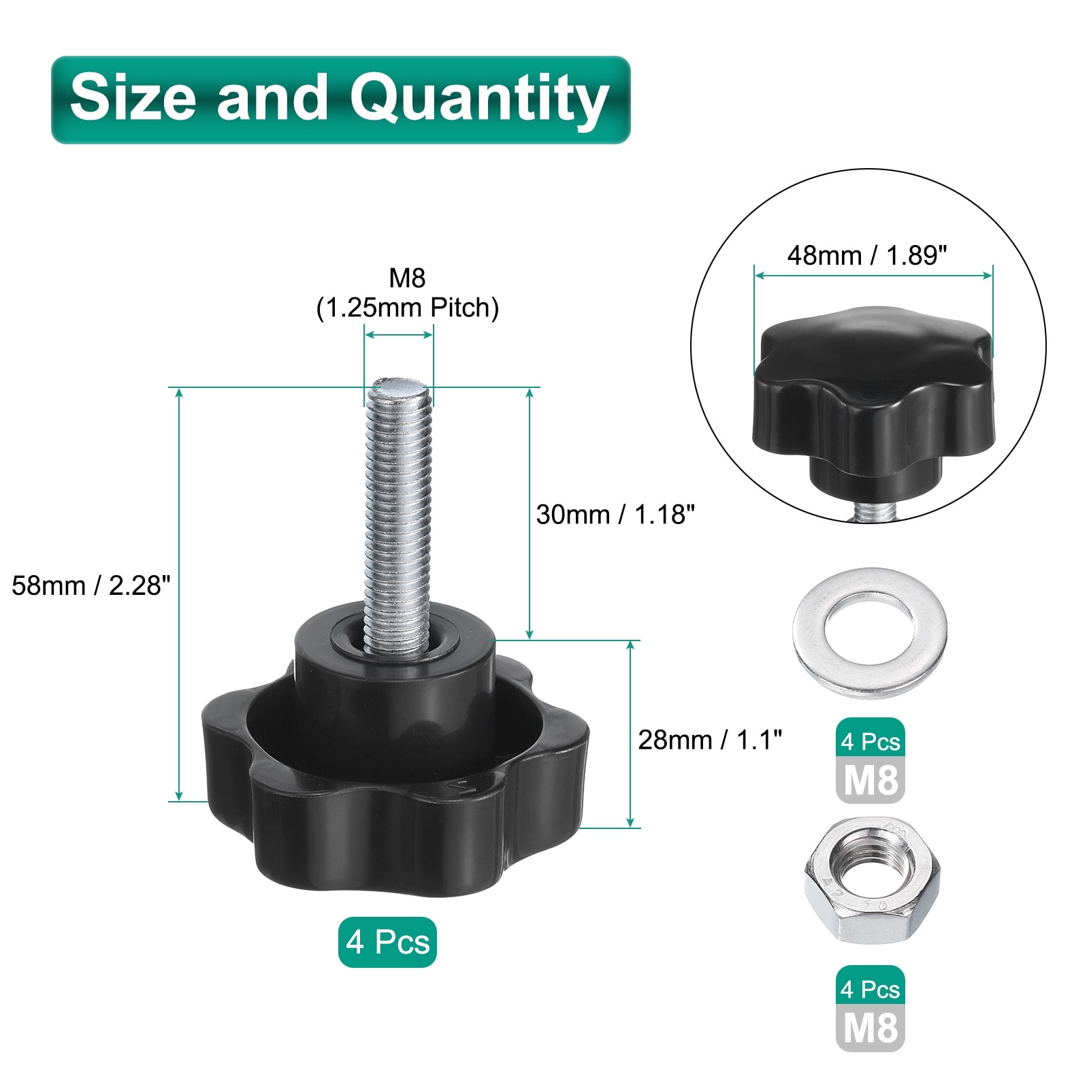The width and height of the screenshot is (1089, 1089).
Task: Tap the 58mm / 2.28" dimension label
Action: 91,585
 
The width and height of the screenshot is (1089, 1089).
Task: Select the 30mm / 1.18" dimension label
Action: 615,515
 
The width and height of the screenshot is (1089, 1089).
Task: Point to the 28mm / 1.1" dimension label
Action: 710,740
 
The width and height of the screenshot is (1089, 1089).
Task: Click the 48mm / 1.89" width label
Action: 867,256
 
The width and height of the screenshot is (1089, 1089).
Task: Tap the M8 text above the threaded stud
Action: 407,278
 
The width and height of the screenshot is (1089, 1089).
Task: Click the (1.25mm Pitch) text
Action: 407,308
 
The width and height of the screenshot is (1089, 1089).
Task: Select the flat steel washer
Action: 869,633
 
